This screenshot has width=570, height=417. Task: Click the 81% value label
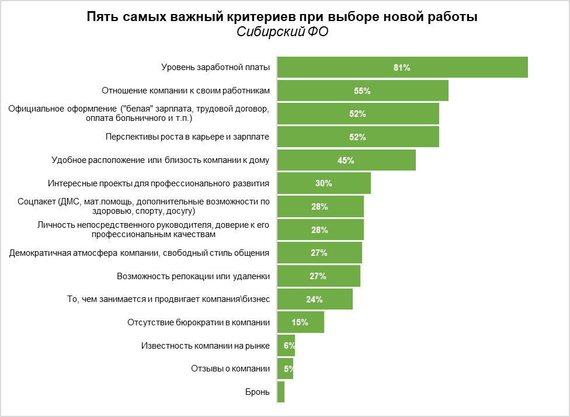click(402, 68)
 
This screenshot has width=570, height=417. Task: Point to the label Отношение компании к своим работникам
click(186, 91)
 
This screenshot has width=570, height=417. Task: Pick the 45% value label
click(346, 161)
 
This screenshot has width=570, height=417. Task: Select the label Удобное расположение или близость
click(161, 161)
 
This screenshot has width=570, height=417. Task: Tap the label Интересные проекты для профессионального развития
click(158, 183)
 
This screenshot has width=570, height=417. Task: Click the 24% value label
click(314, 300)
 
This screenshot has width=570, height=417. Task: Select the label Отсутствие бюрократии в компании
click(199, 322)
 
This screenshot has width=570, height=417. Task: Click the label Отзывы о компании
click(230, 369)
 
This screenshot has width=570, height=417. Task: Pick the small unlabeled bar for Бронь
click(281, 392)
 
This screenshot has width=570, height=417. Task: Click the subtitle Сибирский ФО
click(282, 33)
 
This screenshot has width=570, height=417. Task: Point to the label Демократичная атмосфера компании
click(140, 253)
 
